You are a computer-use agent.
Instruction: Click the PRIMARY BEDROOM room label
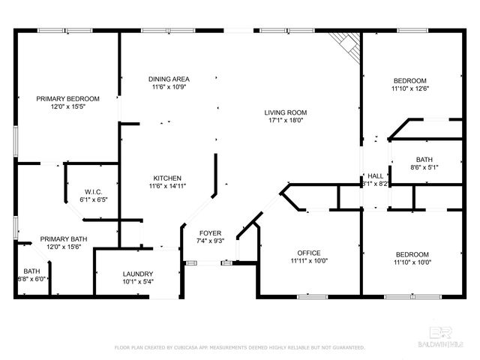point(68,98)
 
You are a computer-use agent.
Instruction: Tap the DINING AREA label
point(169,79)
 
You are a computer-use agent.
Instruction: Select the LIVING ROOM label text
point(285,112)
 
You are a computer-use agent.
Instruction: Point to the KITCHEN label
point(167,177)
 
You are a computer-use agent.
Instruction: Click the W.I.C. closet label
point(94,191)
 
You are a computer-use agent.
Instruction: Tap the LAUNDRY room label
point(137,274)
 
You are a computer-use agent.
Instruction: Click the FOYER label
point(209,233)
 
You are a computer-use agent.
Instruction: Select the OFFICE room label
point(309,253)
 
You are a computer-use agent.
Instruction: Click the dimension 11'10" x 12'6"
point(409,88)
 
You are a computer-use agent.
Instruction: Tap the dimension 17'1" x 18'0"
point(285,121)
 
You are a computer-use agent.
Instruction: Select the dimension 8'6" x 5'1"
point(424,168)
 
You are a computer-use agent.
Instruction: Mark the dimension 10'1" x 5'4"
point(137,282)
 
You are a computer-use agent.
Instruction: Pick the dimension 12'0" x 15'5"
point(68,106)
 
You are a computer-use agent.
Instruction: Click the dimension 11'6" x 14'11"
point(167,185)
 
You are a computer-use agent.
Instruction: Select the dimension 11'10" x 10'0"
point(409,262)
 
